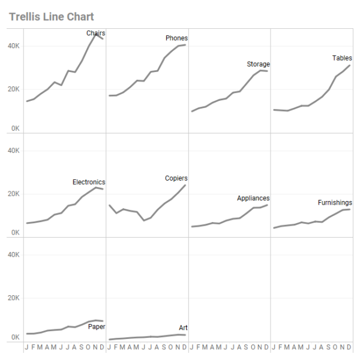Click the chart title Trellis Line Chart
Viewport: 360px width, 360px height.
52,17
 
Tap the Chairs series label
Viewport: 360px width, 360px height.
96,33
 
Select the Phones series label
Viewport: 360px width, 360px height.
176,38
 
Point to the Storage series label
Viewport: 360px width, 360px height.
258,64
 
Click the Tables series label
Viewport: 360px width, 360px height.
342,58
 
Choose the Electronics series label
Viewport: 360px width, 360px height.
89,182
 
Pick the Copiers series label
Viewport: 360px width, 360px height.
176,178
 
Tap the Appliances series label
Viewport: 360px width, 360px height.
253,199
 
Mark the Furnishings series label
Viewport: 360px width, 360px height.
335,203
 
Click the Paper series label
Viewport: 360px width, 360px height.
97,327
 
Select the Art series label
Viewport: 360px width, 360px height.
183,328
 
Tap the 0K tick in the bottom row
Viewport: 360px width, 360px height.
15,338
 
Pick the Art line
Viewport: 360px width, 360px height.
150,337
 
